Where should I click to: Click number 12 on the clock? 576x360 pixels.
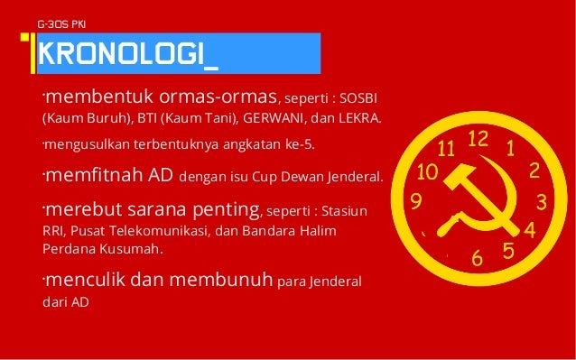478,138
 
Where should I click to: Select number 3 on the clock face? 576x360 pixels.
542,199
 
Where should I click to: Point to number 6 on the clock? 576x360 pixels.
478,259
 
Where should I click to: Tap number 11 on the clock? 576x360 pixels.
446,147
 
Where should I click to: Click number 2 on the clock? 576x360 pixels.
534,170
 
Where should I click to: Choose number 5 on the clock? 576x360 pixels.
509,251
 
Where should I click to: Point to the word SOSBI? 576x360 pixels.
359,97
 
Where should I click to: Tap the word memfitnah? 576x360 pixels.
86,175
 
